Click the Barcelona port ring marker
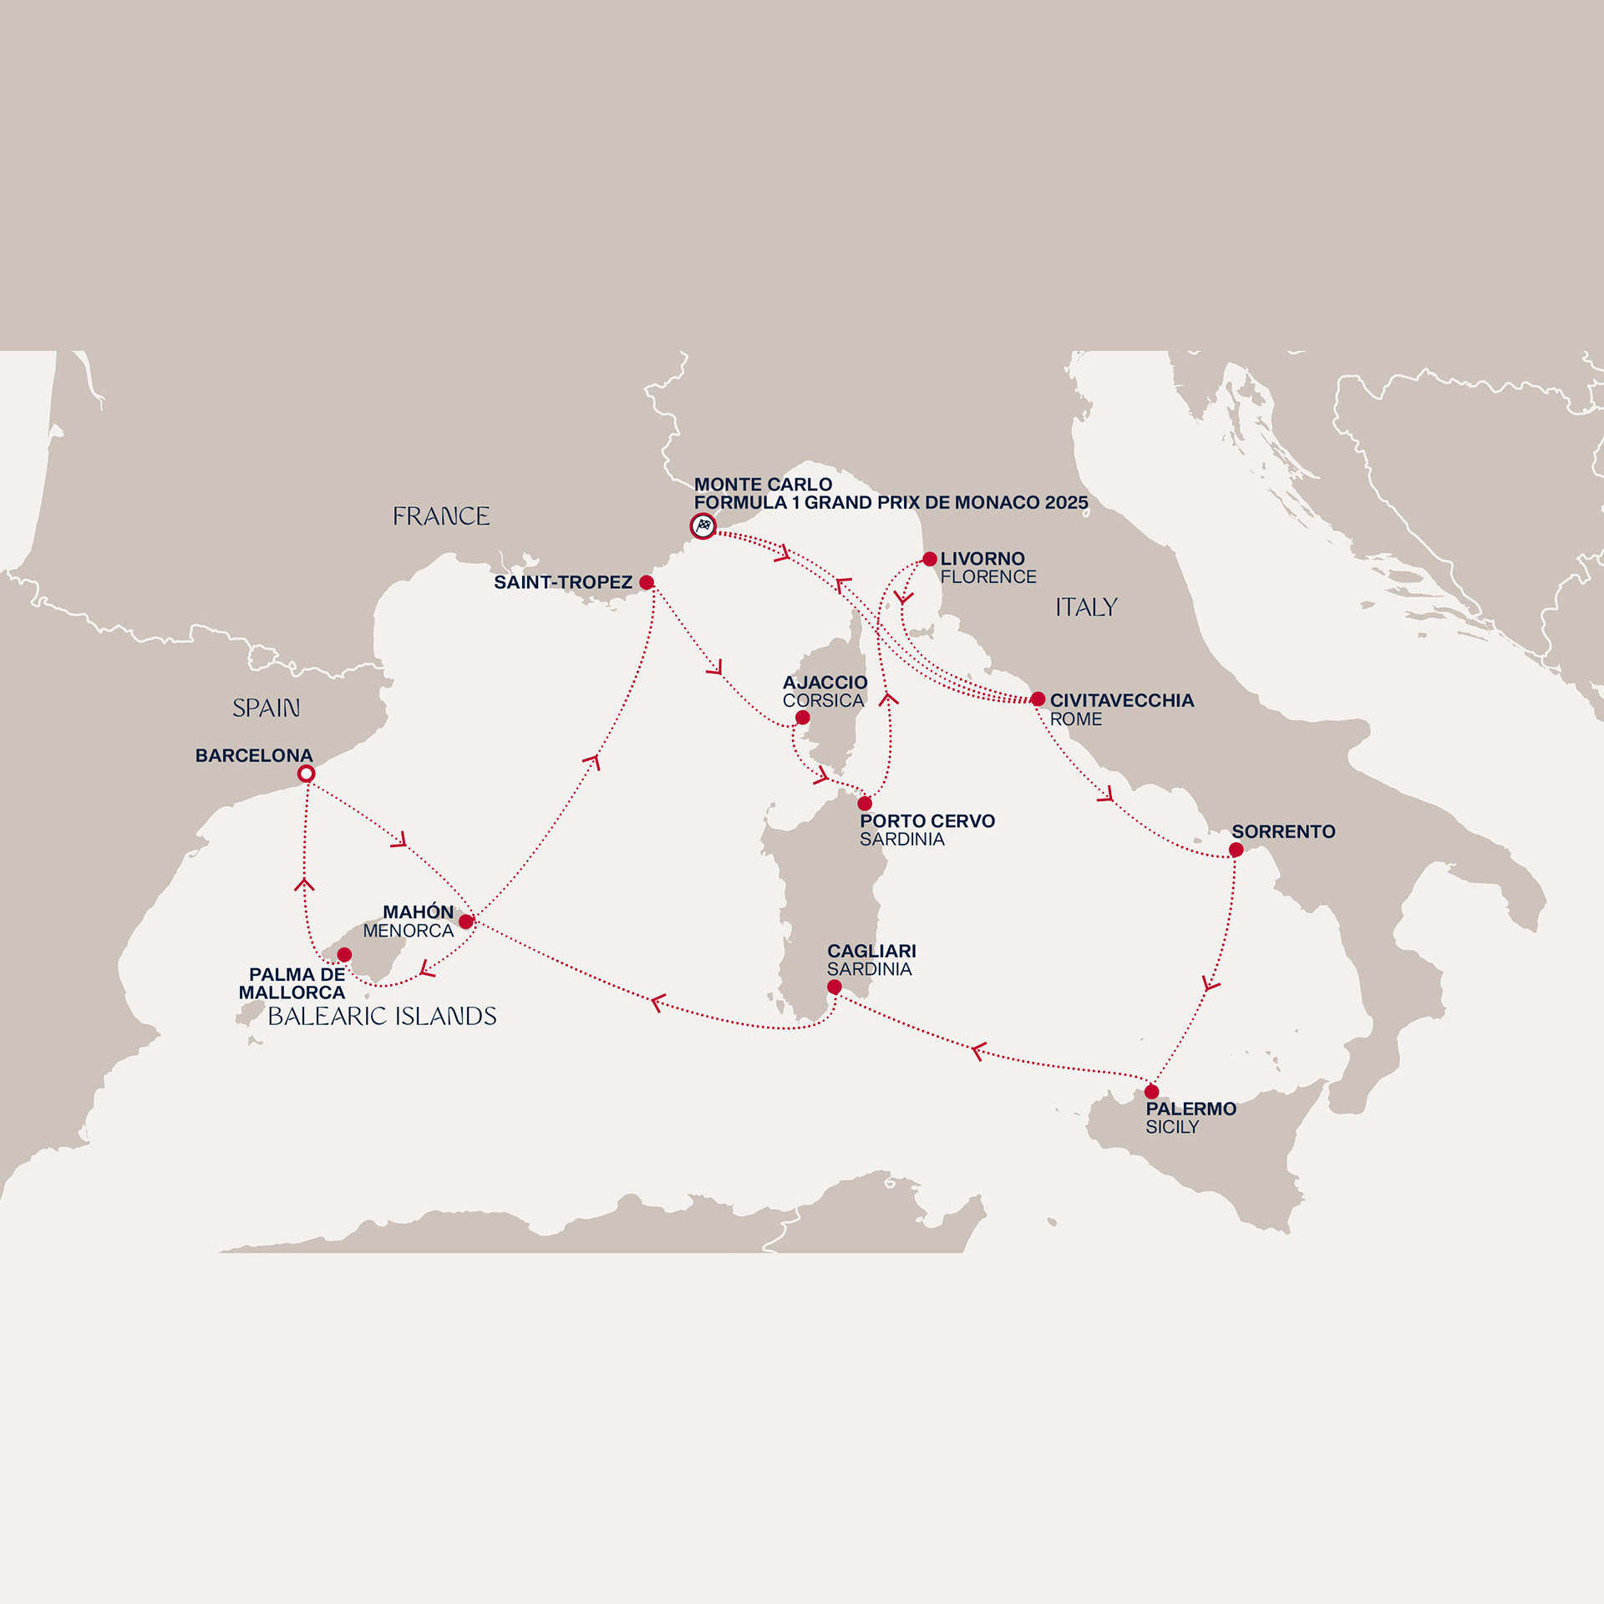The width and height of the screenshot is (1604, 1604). coord(307,774)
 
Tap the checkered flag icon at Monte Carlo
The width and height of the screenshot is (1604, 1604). coord(703,526)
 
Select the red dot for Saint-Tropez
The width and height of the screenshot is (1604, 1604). coord(647,582)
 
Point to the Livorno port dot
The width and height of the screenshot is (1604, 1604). coord(930,559)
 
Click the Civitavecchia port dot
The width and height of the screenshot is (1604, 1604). coord(1038,699)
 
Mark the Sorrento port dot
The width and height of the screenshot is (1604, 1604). coord(1236,850)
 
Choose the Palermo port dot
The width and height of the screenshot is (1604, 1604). coord(1152,1092)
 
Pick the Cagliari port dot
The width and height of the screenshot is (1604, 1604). coord(835,987)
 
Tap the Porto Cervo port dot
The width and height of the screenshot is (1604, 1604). coord(865,804)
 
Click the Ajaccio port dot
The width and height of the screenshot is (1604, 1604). coord(803,718)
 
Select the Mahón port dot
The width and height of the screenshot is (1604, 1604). coord(466,922)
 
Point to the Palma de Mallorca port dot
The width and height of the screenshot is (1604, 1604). coord(344,955)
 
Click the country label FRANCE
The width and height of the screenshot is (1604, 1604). coord(441,516)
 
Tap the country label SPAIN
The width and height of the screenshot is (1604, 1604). coord(266,708)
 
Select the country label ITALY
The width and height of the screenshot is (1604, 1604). coord(1086,607)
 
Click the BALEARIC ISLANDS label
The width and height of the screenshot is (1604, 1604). coord(382,1017)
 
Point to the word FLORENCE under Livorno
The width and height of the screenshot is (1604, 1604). coord(988,577)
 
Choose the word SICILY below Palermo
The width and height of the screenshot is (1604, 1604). coord(1172,1128)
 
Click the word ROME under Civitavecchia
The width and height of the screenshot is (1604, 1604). coord(1076,719)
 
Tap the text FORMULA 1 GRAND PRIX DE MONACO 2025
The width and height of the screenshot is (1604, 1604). coord(891,503)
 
